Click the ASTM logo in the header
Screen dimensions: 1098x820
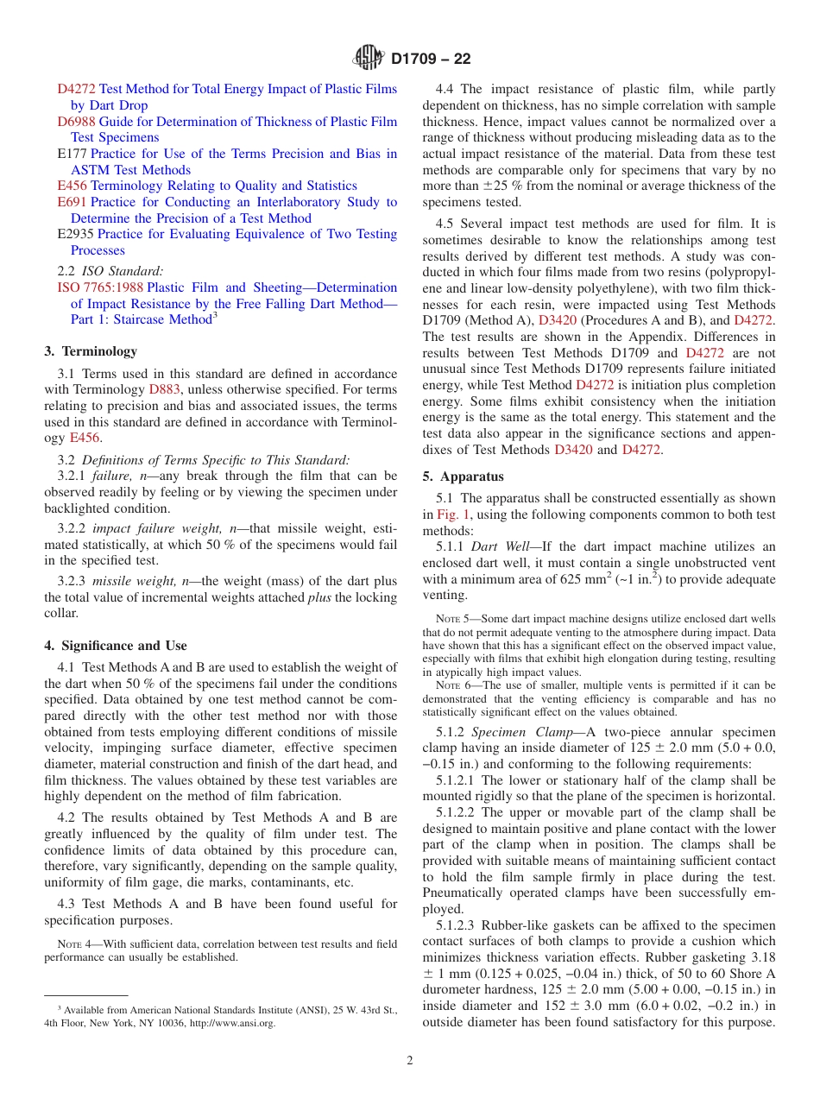369,59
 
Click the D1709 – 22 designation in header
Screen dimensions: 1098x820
431,60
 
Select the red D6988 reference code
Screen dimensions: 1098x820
77,122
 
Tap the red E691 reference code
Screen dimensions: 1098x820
72,202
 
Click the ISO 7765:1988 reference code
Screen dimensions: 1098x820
100,287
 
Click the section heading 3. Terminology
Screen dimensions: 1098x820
91,351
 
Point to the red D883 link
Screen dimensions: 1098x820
165,389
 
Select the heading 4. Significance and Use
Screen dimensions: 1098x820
116,646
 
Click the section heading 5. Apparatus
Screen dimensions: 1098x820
464,476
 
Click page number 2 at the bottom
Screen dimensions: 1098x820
410,1061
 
